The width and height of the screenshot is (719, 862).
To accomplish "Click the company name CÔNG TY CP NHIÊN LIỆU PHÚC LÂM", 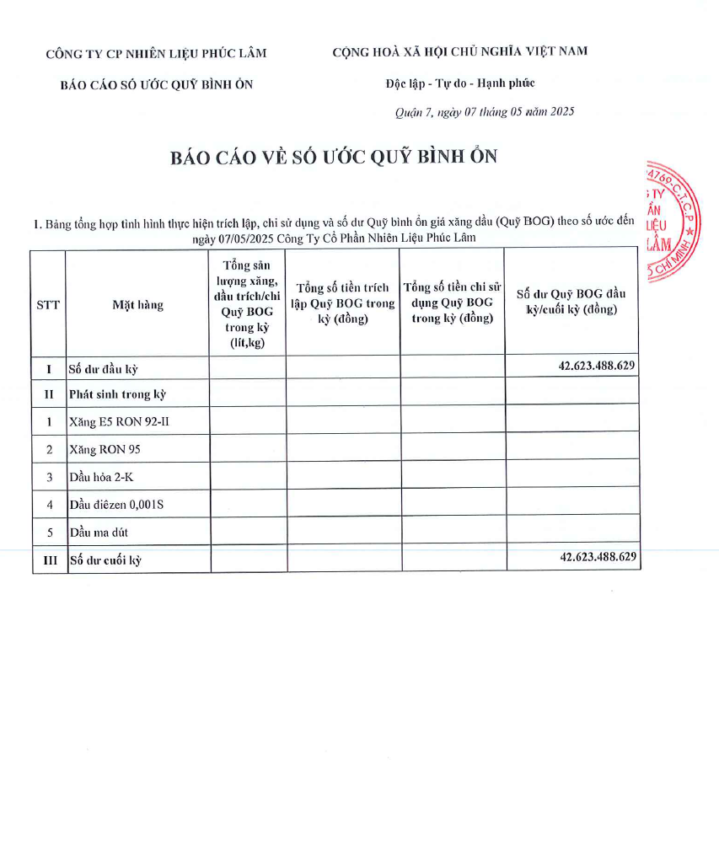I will pos(156,54).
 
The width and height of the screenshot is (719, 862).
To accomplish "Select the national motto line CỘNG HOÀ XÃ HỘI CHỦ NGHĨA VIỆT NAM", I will pos(460,51).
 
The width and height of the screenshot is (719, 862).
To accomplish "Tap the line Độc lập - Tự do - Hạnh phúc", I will pos(460,83).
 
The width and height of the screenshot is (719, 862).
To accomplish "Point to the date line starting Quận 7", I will pos(485,112).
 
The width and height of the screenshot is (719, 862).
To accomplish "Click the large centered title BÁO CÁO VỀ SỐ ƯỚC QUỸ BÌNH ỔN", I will pos(334,158).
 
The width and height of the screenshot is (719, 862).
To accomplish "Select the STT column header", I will pos(48,305).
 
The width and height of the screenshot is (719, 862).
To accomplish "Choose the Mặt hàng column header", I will pos(138,305).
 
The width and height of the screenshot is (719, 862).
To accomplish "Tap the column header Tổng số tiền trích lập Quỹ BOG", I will pos(343,303).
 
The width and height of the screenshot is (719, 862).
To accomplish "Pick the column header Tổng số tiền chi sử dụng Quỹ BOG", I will pos(453,303).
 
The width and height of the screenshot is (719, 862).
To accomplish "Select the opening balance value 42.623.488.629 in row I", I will pos(596,366).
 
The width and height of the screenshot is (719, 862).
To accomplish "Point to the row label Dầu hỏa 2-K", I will pos(101,477).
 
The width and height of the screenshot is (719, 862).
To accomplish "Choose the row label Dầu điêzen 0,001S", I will pos(117,505).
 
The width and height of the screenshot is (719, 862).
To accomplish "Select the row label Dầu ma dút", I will pos(99,533).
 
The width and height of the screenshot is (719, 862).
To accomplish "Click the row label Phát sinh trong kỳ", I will pos(118,394).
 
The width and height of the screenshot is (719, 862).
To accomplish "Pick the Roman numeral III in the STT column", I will pos(49,560).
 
